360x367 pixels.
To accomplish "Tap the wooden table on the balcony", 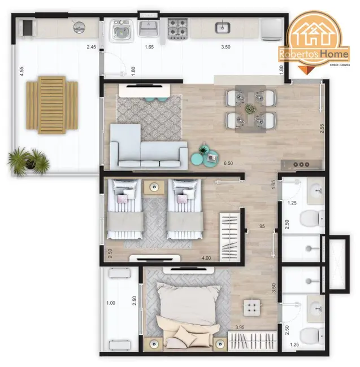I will pos(52,105).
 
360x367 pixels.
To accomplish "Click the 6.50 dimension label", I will pos(228,164).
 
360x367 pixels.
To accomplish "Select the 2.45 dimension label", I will pos(92,47).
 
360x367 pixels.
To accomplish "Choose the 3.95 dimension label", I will pos(240,327).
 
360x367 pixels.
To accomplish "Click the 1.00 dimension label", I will pos(111,303).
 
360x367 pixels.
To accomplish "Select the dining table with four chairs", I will pos(250,108).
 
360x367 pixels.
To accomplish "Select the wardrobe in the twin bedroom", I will pos(229,233).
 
